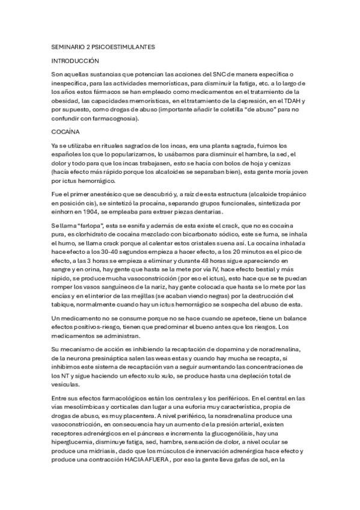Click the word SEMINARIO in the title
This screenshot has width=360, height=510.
[x=67, y=46]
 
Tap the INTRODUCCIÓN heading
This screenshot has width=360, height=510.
[x=75, y=61]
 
